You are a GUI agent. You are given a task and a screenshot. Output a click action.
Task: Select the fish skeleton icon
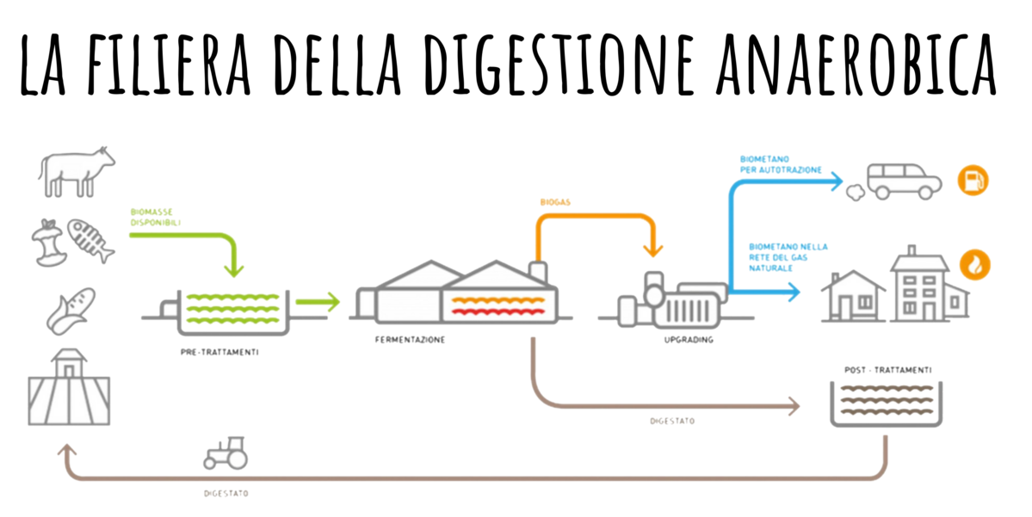point(90,239)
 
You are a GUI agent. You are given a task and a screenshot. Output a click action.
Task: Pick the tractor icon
point(226,452)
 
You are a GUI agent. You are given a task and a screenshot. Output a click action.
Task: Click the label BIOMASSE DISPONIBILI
point(156,216)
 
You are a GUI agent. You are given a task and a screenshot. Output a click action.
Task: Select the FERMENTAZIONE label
point(410,341)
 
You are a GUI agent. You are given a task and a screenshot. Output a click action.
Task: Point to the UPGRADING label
point(689,341)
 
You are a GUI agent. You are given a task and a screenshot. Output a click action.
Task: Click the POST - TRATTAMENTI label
point(886,371)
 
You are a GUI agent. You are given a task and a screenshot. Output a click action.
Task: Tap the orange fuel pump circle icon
point(973,181)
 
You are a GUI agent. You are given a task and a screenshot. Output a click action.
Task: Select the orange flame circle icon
point(973,265)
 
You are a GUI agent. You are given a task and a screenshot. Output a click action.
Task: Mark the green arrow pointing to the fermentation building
point(318,302)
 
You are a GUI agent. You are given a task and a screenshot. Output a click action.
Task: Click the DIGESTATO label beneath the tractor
point(226,495)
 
